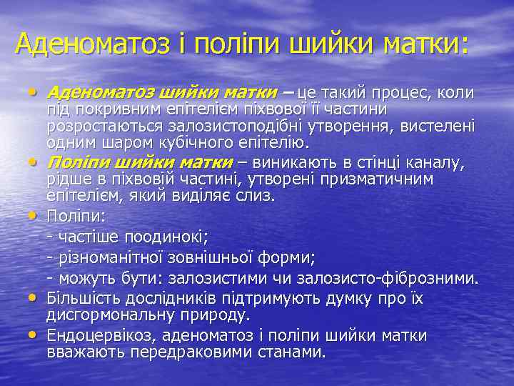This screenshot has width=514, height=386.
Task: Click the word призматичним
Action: pos(381,178)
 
